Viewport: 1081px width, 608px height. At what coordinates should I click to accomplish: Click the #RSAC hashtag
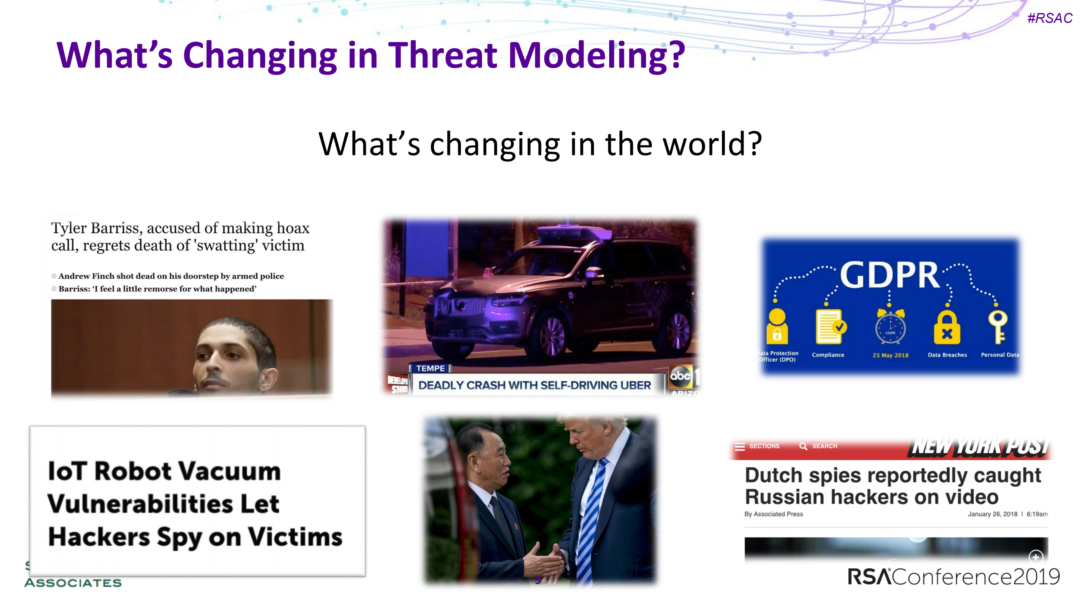tap(1049, 18)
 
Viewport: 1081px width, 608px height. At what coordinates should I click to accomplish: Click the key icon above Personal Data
tap(997, 327)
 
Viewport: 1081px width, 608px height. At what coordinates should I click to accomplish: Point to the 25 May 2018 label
tap(890, 355)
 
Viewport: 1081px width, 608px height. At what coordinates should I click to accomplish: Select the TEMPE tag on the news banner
tap(430, 368)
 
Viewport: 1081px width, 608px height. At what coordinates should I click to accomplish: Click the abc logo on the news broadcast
tap(681, 375)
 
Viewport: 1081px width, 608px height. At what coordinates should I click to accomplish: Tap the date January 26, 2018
tap(992, 514)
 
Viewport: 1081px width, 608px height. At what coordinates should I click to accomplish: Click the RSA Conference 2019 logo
tap(953, 577)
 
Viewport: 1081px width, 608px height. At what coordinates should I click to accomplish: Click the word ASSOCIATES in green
tap(73, 583)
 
